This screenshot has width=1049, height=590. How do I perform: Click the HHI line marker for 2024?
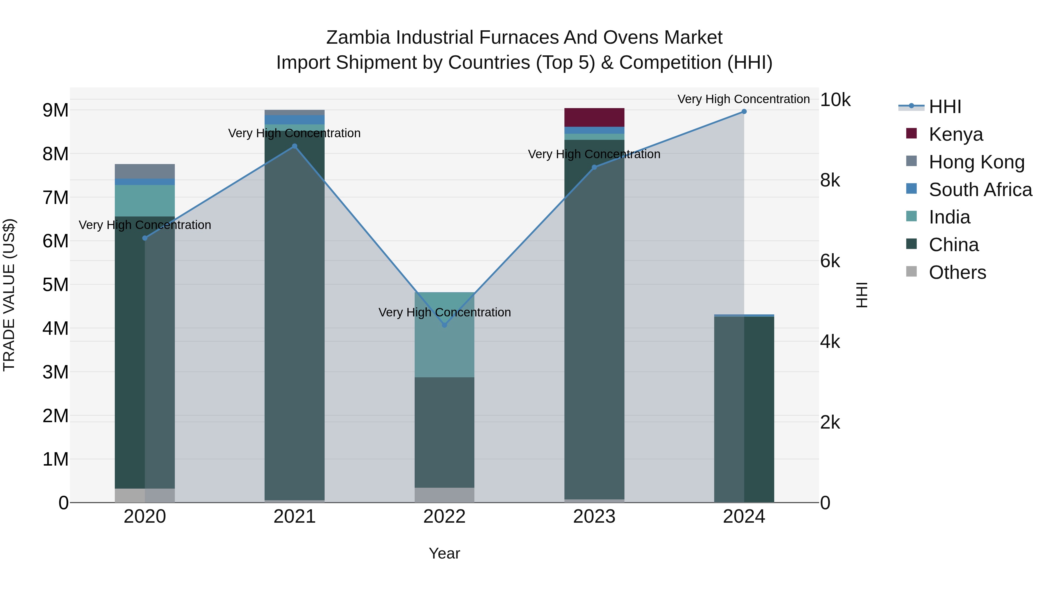[744, 112]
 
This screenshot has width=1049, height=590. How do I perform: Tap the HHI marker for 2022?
[444, 325]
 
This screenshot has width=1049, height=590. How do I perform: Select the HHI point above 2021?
[294, 146]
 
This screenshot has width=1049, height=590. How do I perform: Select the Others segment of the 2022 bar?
[444, 495]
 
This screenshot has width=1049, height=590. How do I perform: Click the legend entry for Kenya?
[955, 134]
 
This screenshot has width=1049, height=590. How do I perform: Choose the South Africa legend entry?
[980, 189]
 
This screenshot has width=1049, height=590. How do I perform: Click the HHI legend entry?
[945, 107]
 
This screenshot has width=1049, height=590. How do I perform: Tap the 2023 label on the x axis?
[594, 517]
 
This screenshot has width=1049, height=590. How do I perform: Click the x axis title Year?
[444, 553]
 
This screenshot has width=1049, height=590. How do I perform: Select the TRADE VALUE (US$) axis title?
[9, 295]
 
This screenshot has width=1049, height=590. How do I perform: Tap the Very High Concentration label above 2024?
[744, 99]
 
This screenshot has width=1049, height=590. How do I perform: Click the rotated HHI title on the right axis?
[862, 295]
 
